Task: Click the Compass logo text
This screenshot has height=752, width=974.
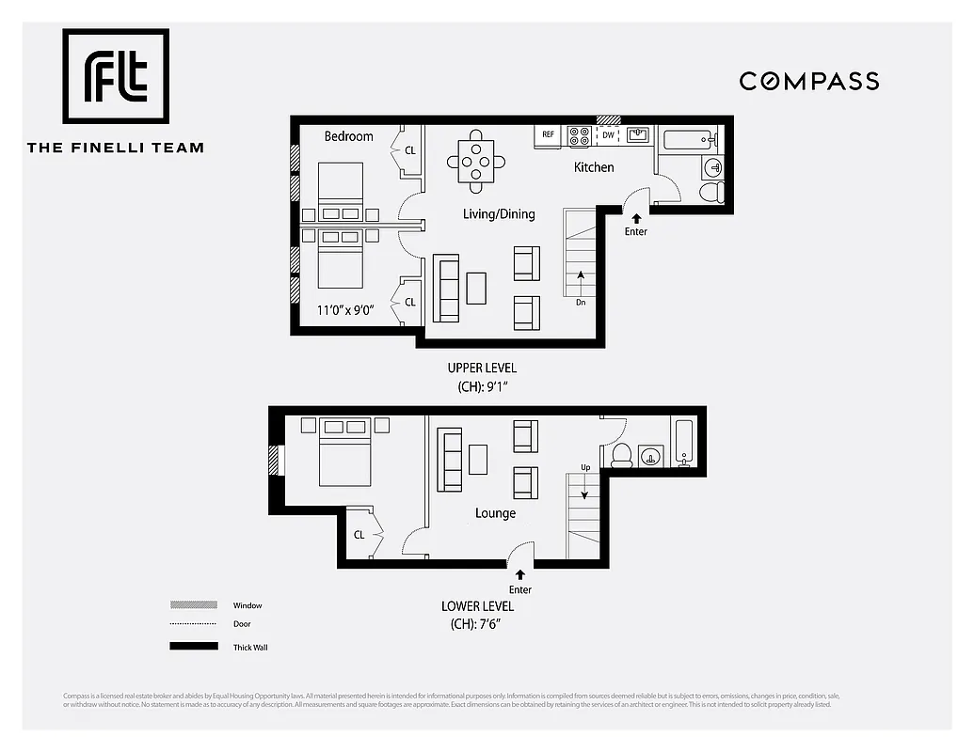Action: (x=809, y=81)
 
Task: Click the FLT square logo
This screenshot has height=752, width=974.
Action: (x=116, y=76)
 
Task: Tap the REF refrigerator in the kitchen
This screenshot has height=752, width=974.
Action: (x=548, y=135)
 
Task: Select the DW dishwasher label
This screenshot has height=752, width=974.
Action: (x=608, y=135)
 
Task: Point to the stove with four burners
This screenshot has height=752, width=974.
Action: (x=580, y=135)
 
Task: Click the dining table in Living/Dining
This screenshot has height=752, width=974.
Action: (x=477, y=161)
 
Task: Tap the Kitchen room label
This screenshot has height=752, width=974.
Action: (x=594, y=167)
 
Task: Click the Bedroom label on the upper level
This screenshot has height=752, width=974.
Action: (x=348, y=136)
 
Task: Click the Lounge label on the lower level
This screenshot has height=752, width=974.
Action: (x=495, y=513)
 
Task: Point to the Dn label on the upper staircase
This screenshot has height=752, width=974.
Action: (x=581, y=303)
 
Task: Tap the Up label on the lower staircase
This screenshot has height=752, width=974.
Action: (x=584, y=467)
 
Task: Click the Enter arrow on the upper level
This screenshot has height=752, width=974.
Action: (x=636, y=219)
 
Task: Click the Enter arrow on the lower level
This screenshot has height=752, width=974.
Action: (x=519, y=574)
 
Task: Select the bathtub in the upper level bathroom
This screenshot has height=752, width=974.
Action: (x=689, y=142)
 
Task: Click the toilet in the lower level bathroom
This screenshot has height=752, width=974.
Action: (x=621, y=457)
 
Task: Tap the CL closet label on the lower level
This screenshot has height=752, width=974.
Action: (x=359, y=535)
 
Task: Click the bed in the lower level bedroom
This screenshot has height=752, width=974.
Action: (x=344, y=453)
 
